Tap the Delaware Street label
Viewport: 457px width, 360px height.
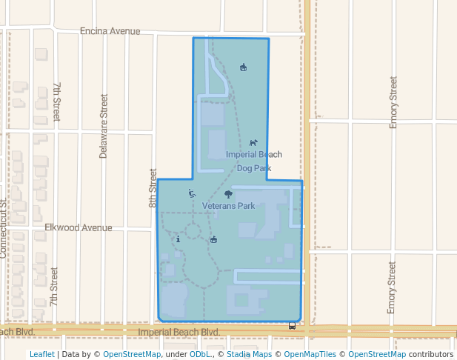pyautogui.click(x=104, y=126)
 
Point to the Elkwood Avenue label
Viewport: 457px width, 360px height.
pyautogui.click(x=78, y=227)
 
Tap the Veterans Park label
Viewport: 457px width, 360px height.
pyautogui.click(x=228, y=205)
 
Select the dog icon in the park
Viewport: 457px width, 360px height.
pyautogui.click(x=253, y=142)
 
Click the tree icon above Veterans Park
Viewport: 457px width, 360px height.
pyautogui.click(x=228, y=194)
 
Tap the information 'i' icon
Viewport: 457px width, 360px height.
pyautogui.click(x=178, y=239)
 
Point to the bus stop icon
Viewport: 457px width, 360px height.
pyautogui.click(x=292, y=325)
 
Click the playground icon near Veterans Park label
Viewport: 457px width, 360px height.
pyautogui.click(x=192, y=193)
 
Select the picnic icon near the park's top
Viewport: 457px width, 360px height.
pyautogui.click(x=243, y=68)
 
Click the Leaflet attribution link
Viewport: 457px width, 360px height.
pyautogui.click(x=41, y=354)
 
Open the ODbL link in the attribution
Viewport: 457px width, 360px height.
pyautogui.click(x=200, y=354)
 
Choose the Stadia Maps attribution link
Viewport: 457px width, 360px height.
pyautogui.click(x=249, y=354)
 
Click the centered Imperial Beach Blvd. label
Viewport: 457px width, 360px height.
pyautogui.click(x=180, y=333)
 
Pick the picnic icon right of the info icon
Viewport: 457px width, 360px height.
pyautogui.click(x=214, y=239)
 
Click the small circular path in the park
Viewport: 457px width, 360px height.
pyautogui.click(x=193, y=232)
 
